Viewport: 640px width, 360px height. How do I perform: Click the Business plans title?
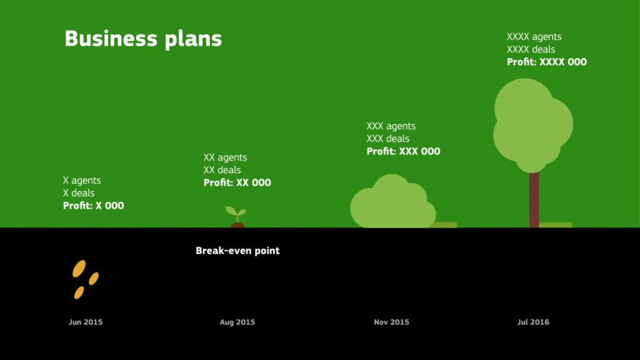143,39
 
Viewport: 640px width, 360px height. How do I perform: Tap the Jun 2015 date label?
85,322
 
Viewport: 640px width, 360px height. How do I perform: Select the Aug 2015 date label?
237,322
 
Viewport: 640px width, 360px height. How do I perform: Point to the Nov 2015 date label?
391,322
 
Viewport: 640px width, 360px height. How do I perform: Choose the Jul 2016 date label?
533,322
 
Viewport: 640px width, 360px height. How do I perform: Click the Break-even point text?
237,251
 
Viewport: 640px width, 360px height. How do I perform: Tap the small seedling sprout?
236,214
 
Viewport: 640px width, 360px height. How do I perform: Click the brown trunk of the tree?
534,199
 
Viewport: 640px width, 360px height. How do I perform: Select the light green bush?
392,201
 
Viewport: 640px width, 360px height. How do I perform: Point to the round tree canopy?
532,125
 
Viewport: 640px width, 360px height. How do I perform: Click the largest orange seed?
79,269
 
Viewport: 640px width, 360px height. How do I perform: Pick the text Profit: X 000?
94,205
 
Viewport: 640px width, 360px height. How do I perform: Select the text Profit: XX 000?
237,182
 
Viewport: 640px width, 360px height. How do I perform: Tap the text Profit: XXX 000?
403,151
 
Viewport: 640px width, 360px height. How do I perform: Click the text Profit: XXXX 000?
546,62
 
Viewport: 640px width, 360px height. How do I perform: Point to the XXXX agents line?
534,37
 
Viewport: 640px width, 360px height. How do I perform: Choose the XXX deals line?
387,139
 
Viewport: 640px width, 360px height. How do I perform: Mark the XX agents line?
225,157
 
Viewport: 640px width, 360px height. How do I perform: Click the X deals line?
79,192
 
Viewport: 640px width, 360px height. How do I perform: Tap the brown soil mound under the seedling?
237,225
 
